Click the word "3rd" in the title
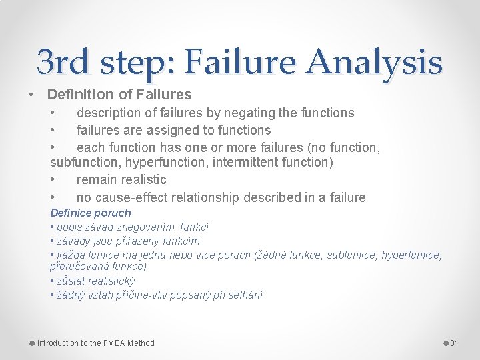pyautogui.click(x=65, y=62)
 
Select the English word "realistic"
pyautogui.click(x=141, y=179)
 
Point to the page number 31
pyautogui.click(x=455, y=343)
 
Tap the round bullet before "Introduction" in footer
pyautogui.click(x=32, y=343)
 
